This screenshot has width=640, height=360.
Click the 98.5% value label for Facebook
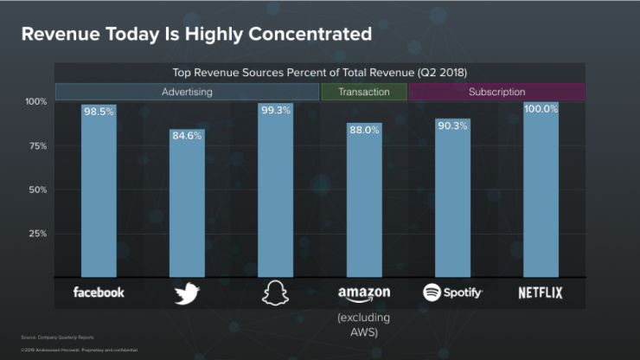point(99,112)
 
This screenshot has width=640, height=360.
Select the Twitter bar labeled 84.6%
point(187,208)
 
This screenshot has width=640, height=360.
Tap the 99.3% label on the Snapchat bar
point(275,111)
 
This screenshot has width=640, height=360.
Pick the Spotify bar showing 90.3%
point(452,199)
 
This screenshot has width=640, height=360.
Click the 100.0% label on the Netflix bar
point(541,109)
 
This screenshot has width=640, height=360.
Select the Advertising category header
point(187,92)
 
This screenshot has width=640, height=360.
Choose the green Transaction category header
point(364,92)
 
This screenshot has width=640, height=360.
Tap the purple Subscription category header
point(496,92)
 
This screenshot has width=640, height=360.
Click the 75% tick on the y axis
point(36,146)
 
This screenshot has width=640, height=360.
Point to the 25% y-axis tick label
point(36,234)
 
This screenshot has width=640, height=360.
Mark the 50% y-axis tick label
point(36,190)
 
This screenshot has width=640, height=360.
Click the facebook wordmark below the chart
point(99,292)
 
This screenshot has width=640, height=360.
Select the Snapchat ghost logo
point(275,293)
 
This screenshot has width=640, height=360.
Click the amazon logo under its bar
point(364,293)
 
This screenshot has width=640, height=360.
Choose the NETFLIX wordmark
point(541,292)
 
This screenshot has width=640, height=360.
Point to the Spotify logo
point(452,292)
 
